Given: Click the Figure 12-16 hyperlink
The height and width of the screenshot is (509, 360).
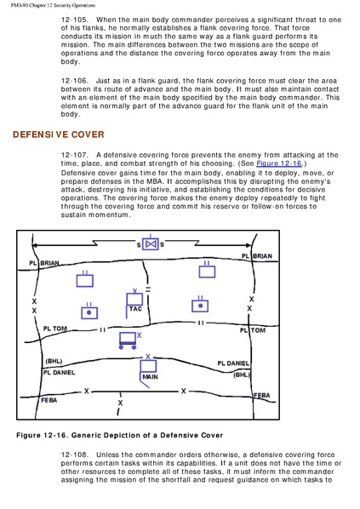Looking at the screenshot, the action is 279,163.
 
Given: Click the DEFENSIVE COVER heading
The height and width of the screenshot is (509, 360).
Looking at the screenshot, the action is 59,134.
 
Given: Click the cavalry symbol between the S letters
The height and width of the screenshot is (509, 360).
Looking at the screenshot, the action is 151,243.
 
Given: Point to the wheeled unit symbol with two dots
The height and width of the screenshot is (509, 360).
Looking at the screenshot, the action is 128,340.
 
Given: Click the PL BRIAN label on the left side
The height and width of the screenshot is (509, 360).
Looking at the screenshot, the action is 44,263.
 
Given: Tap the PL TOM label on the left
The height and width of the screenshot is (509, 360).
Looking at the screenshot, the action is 54,329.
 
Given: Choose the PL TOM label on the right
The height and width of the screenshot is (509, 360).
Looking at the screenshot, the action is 253,330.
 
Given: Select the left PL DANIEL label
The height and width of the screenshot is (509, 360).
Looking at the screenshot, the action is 59,372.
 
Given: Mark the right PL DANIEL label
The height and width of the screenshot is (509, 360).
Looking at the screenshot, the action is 233,363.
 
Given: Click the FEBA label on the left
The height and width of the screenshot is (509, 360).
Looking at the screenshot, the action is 49,400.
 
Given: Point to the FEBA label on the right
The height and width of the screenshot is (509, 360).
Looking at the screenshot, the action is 261,396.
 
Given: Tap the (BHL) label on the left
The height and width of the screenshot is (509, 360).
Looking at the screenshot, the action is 54,361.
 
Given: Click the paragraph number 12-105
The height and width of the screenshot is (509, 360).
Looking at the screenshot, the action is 74,20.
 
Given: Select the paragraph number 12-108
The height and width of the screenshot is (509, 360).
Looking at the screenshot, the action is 74,455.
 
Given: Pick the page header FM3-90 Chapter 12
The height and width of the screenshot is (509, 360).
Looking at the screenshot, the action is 53,5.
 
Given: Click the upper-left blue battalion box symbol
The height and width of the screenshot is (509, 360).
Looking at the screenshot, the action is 85,279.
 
